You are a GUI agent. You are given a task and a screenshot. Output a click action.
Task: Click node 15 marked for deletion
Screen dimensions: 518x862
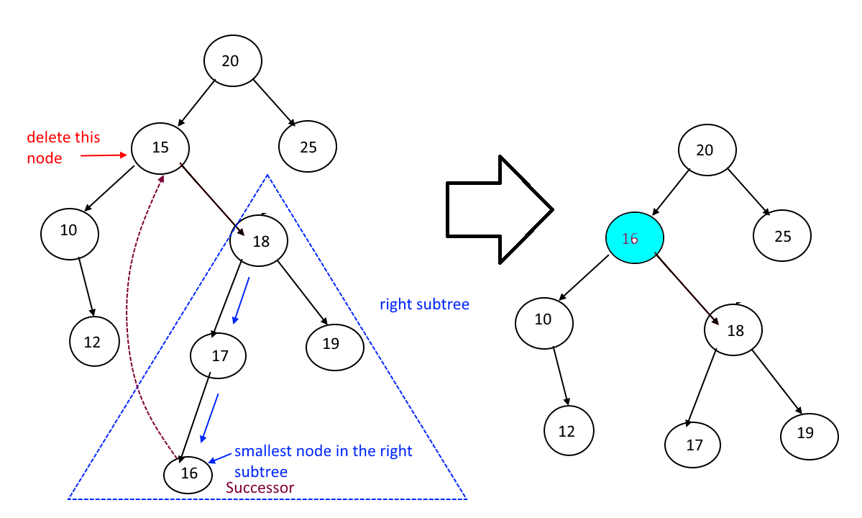160,147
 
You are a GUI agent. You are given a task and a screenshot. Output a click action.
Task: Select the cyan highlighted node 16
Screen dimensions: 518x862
634,238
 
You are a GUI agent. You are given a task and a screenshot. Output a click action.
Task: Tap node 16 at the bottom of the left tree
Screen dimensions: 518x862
188,473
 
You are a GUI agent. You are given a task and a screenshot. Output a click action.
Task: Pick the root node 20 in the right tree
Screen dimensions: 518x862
707,150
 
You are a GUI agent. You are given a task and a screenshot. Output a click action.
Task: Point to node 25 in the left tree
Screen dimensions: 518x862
308,147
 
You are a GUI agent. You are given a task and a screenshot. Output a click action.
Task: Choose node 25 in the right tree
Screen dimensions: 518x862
782,236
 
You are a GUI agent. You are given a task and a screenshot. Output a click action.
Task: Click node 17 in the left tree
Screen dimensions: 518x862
219,355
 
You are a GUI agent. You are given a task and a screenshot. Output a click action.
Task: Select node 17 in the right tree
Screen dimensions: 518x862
693,445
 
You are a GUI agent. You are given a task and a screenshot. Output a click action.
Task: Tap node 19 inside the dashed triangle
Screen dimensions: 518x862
334,345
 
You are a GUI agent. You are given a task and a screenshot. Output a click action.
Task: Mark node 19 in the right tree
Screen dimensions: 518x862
809,433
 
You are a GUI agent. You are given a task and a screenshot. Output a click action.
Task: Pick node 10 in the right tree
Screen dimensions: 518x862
544,320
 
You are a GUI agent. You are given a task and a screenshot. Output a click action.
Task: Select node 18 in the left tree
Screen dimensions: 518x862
260,242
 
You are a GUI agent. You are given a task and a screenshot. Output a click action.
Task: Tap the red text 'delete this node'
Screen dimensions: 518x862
63,147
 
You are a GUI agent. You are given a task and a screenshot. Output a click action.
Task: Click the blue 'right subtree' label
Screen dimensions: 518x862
424,304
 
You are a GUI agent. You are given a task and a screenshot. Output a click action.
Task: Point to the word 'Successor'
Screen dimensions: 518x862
260,488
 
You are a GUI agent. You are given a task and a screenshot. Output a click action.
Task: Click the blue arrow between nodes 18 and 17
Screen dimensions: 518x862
241,301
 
